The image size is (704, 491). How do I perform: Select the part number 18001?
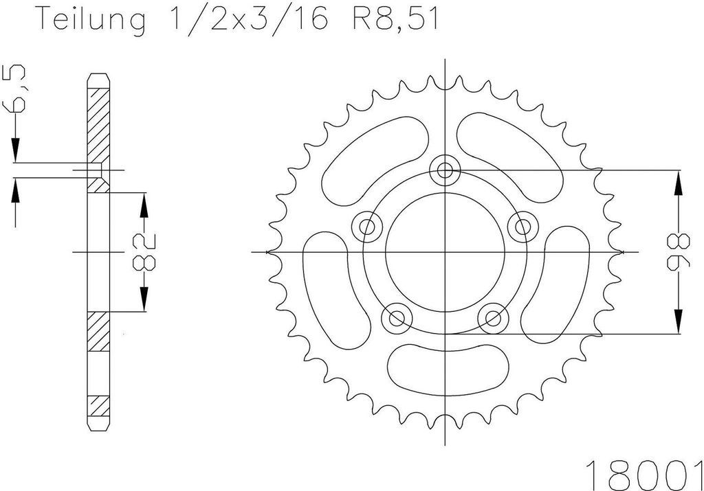pyautogui.click(x=644, y=474)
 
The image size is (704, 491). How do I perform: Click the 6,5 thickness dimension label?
pyautogui.click(x=14, y=89)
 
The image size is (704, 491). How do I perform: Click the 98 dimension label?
pyautogui.click(x=679, y=251)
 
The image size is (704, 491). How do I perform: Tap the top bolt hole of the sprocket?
pyautogui.click(x=445, y=170)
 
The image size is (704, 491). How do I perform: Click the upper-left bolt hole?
pyautogui.click(x=368, y=227)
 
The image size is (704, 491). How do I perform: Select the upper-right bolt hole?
pyautogui.click(x=522, y=227)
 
